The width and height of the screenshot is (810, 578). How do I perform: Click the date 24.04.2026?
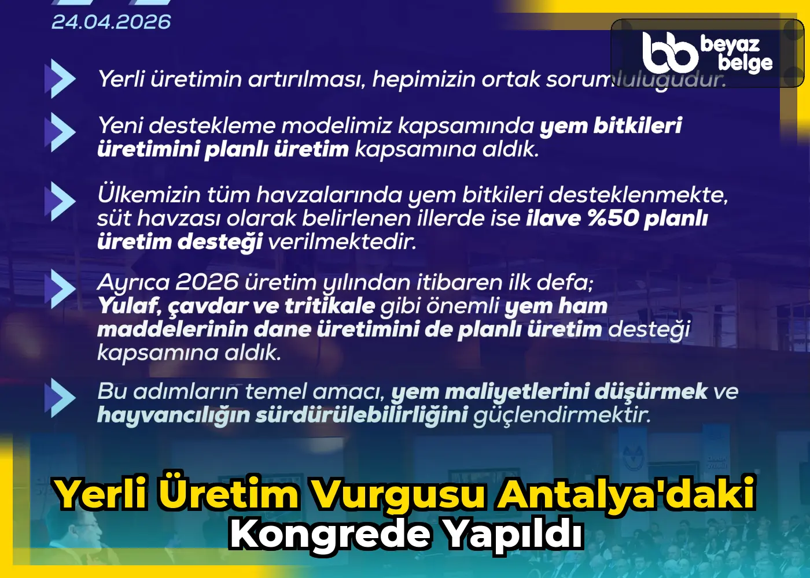coord(111,22)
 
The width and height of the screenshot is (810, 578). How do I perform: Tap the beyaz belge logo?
coord(707,53)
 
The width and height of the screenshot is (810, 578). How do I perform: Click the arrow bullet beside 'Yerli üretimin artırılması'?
coord(60,79)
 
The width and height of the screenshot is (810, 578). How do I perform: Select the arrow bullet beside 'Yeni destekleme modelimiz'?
coord(60,132)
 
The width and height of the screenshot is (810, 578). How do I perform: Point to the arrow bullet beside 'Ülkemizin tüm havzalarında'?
coord(60,201)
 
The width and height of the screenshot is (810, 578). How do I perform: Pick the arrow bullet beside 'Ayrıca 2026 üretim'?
coord(60,288)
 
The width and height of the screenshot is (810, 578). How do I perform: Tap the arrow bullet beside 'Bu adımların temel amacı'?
coord(60,398)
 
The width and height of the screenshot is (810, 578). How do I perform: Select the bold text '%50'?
coord(613,218)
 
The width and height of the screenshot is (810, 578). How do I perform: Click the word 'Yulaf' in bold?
coord(129,306)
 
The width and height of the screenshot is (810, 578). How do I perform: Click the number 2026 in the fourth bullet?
coord(207,283)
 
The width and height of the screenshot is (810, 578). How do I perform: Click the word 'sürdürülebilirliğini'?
coord(362,415)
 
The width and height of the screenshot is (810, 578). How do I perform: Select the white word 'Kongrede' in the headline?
coord(330,534)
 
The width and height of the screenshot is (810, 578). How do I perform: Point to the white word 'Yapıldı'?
coord(512,534)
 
